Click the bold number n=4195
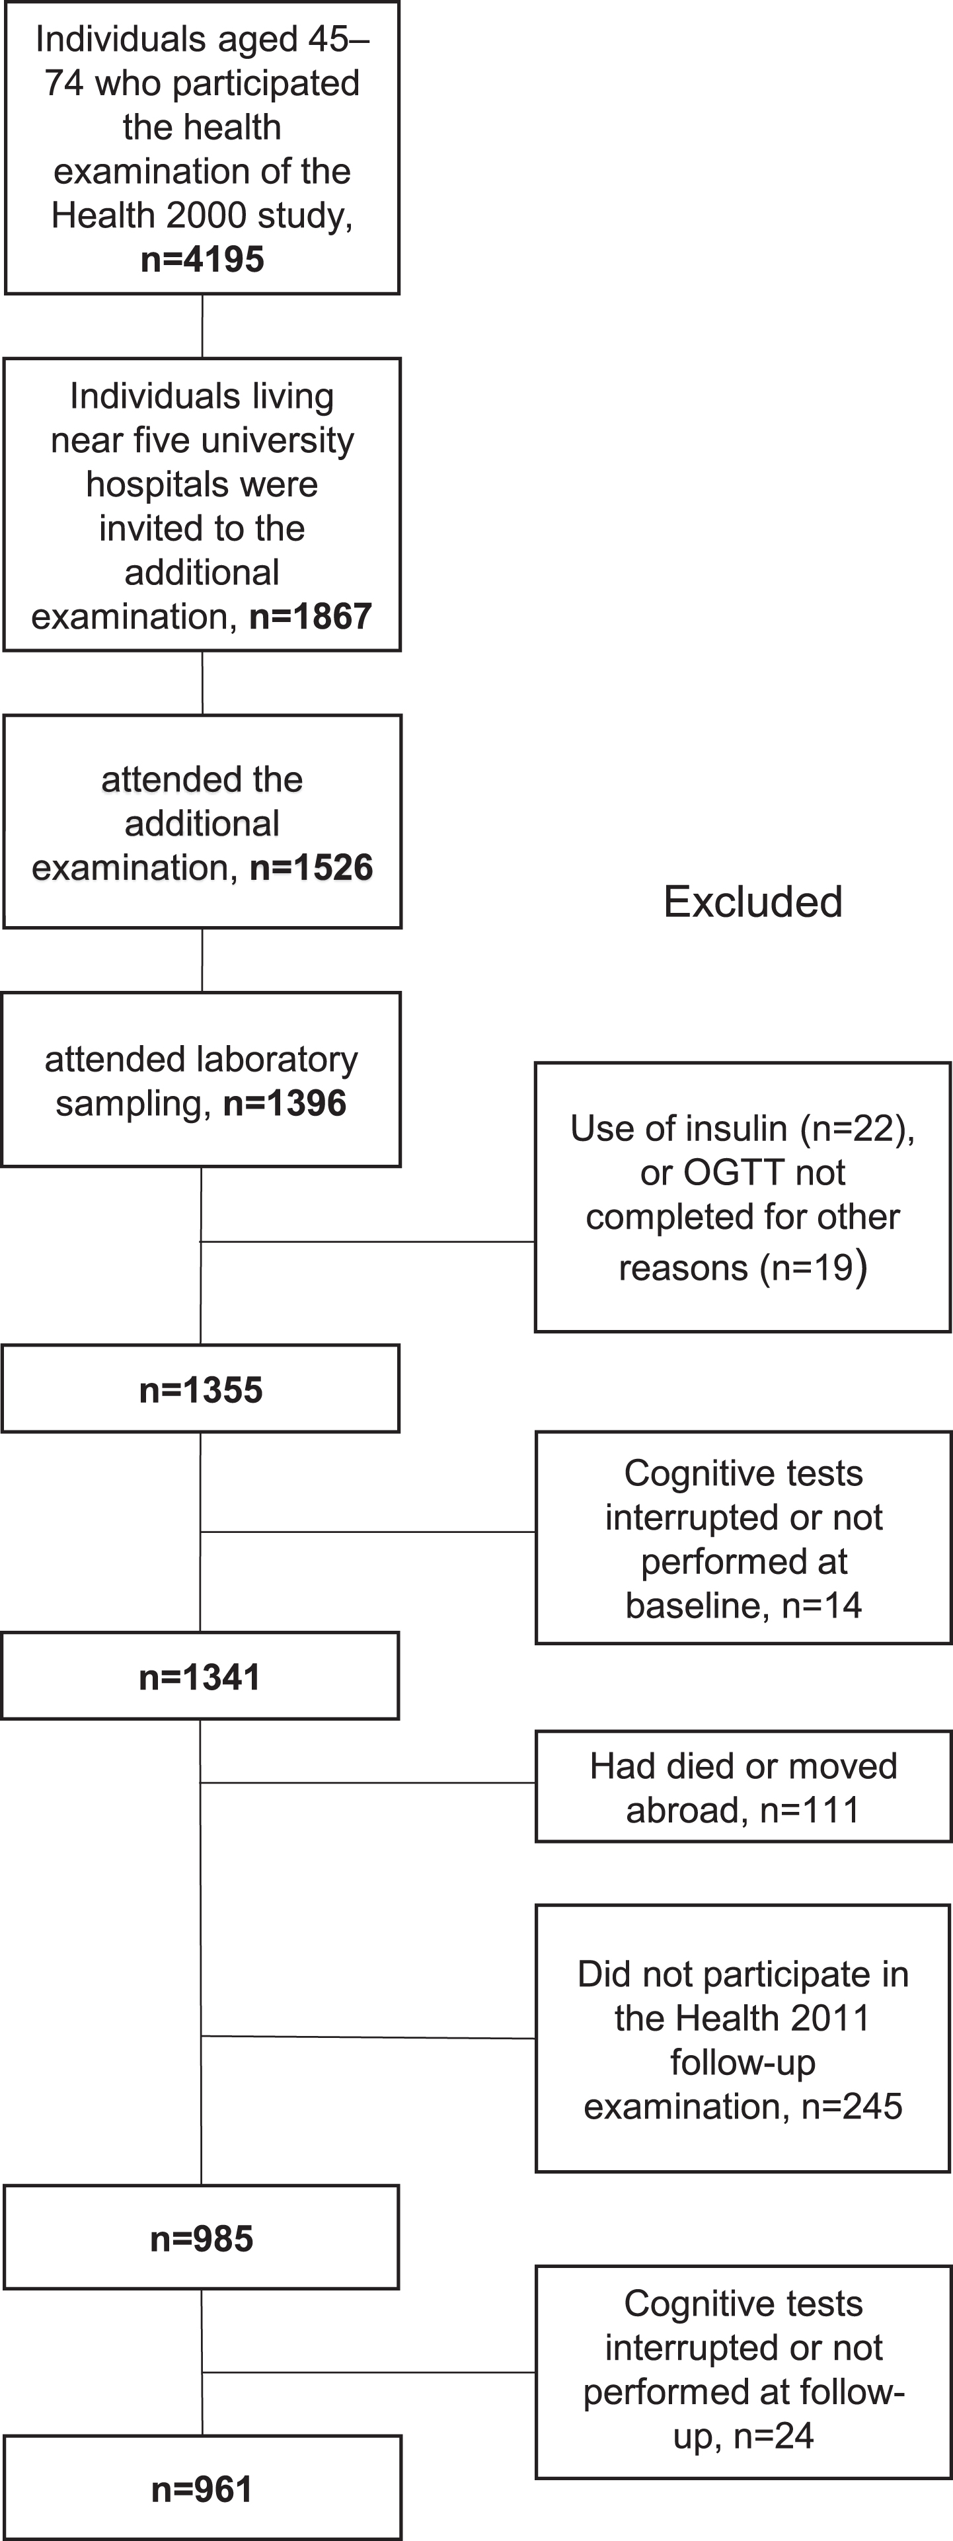point(202,259)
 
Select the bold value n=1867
point(311,617)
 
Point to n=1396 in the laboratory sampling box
point(285,1103)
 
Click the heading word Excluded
point(753,902)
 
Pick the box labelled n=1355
point(200,1389)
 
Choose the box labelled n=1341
point(200,1676)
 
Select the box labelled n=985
point(202,2237)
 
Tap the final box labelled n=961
point(202,2487)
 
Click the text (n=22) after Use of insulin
point(857,1128)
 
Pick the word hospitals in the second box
point(202,485)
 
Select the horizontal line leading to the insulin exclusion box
point(368,1242)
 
